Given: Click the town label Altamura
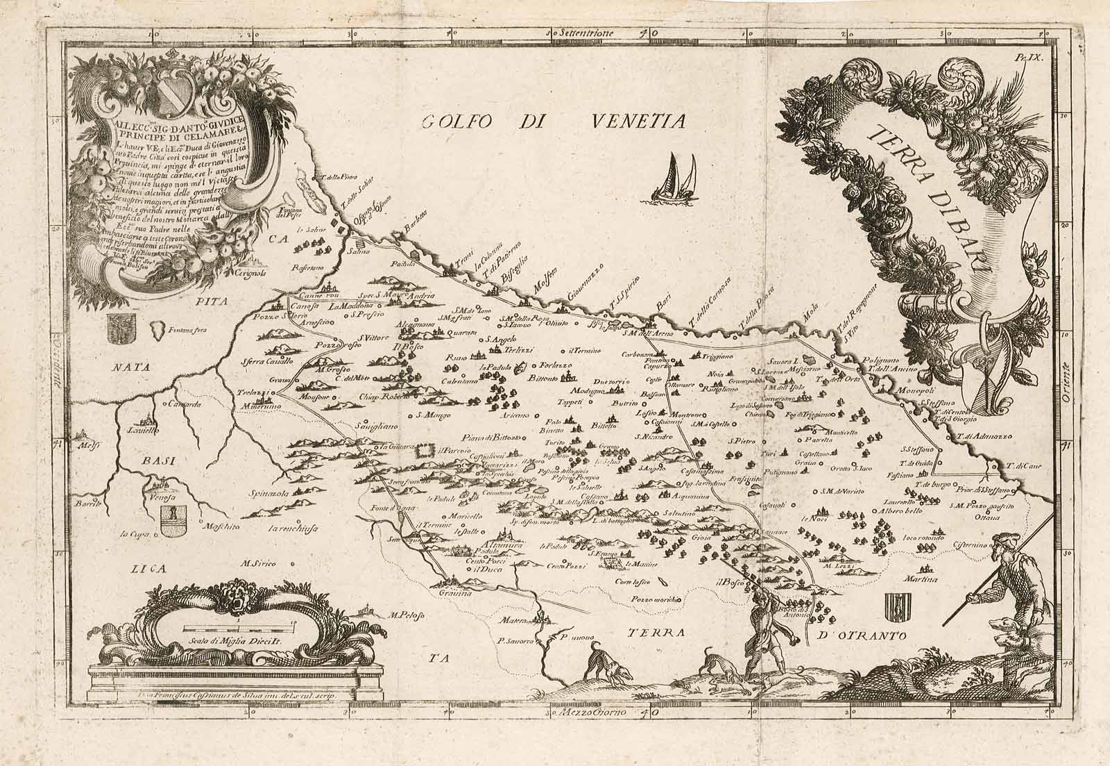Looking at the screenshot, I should (481, 546).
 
